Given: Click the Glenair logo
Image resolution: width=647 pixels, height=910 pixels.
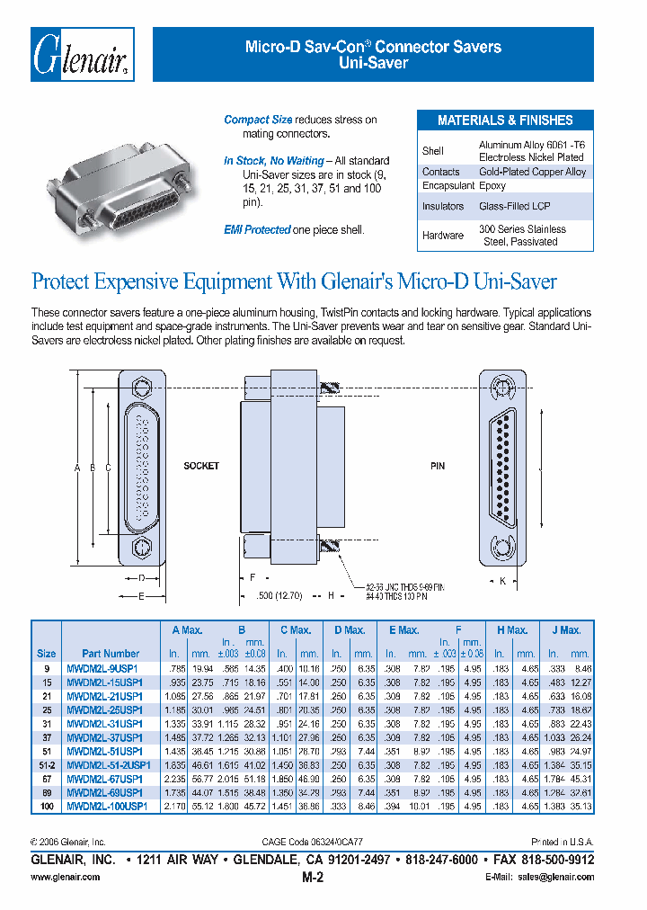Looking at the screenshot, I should click(83, 56).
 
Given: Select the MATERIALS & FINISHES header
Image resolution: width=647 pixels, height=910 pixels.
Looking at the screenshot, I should click(505, 120).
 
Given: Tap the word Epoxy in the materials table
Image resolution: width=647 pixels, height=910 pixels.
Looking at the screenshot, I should click(492, 186).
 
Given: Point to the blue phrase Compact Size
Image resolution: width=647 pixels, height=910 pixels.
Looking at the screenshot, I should click(258, 120).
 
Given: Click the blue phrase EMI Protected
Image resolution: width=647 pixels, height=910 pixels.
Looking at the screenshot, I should click(257, 230).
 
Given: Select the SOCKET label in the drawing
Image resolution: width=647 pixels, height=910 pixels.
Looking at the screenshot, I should click(201, 467).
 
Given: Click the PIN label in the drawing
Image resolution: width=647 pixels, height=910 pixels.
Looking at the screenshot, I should click(438, 467).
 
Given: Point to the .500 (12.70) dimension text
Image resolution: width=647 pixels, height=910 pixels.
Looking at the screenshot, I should click(281, 595).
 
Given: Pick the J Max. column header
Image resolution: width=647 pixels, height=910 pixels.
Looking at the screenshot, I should click(566, 630).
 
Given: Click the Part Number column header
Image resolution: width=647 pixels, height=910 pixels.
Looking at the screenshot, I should click(111, 654).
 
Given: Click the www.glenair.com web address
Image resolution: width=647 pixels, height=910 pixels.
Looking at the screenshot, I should click(58, 876).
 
